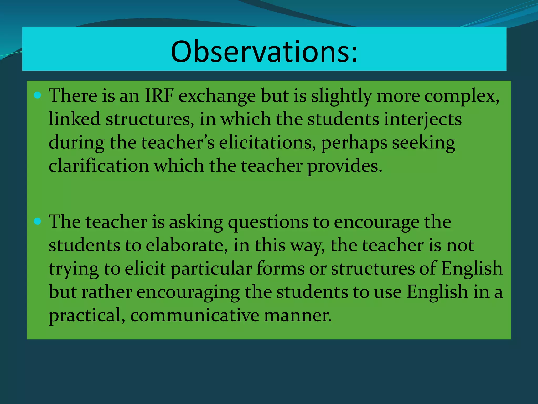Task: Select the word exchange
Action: point(217,96)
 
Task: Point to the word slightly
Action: point(342,96)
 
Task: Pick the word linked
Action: point(74,119)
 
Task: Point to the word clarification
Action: point(99,166)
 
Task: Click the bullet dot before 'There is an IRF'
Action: point(38,95)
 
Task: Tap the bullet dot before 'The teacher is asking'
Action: point(38,221)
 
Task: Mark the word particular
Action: point(211,269)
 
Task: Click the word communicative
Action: point(195,315)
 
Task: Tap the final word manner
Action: point(298,315)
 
